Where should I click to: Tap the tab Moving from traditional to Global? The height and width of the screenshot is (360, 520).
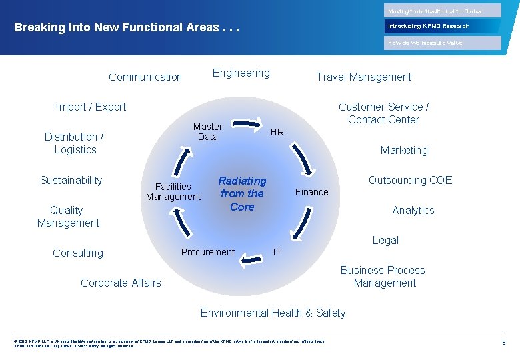(x=443, y=11)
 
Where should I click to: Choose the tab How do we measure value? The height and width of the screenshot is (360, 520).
(x=443, y=43)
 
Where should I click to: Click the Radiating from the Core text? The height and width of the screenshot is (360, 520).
(x=242, y=194)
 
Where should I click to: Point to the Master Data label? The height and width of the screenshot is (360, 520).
(x=208, y=131)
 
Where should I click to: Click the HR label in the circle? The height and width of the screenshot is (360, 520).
(x=277, y=132)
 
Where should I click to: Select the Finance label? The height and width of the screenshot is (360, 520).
(x=312, y=192)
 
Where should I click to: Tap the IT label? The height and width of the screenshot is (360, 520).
(x=277, y=252)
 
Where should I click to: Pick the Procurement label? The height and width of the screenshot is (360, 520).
(x=208, y=252)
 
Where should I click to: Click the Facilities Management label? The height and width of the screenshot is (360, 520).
(x=173, y=191)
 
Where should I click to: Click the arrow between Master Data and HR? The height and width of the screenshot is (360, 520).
(x=250, y=122)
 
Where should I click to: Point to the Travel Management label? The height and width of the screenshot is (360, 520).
(x=364, y=77)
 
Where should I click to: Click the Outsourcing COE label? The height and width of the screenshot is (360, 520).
(x=410, y=180)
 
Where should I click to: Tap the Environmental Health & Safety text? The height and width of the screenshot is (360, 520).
(x=273, y=313)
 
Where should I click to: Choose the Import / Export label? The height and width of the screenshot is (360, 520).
(x=91, y=107)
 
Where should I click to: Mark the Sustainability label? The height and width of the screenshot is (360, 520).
(x=71, y=180)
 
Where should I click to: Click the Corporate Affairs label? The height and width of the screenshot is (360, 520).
(x=121, y=283)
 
